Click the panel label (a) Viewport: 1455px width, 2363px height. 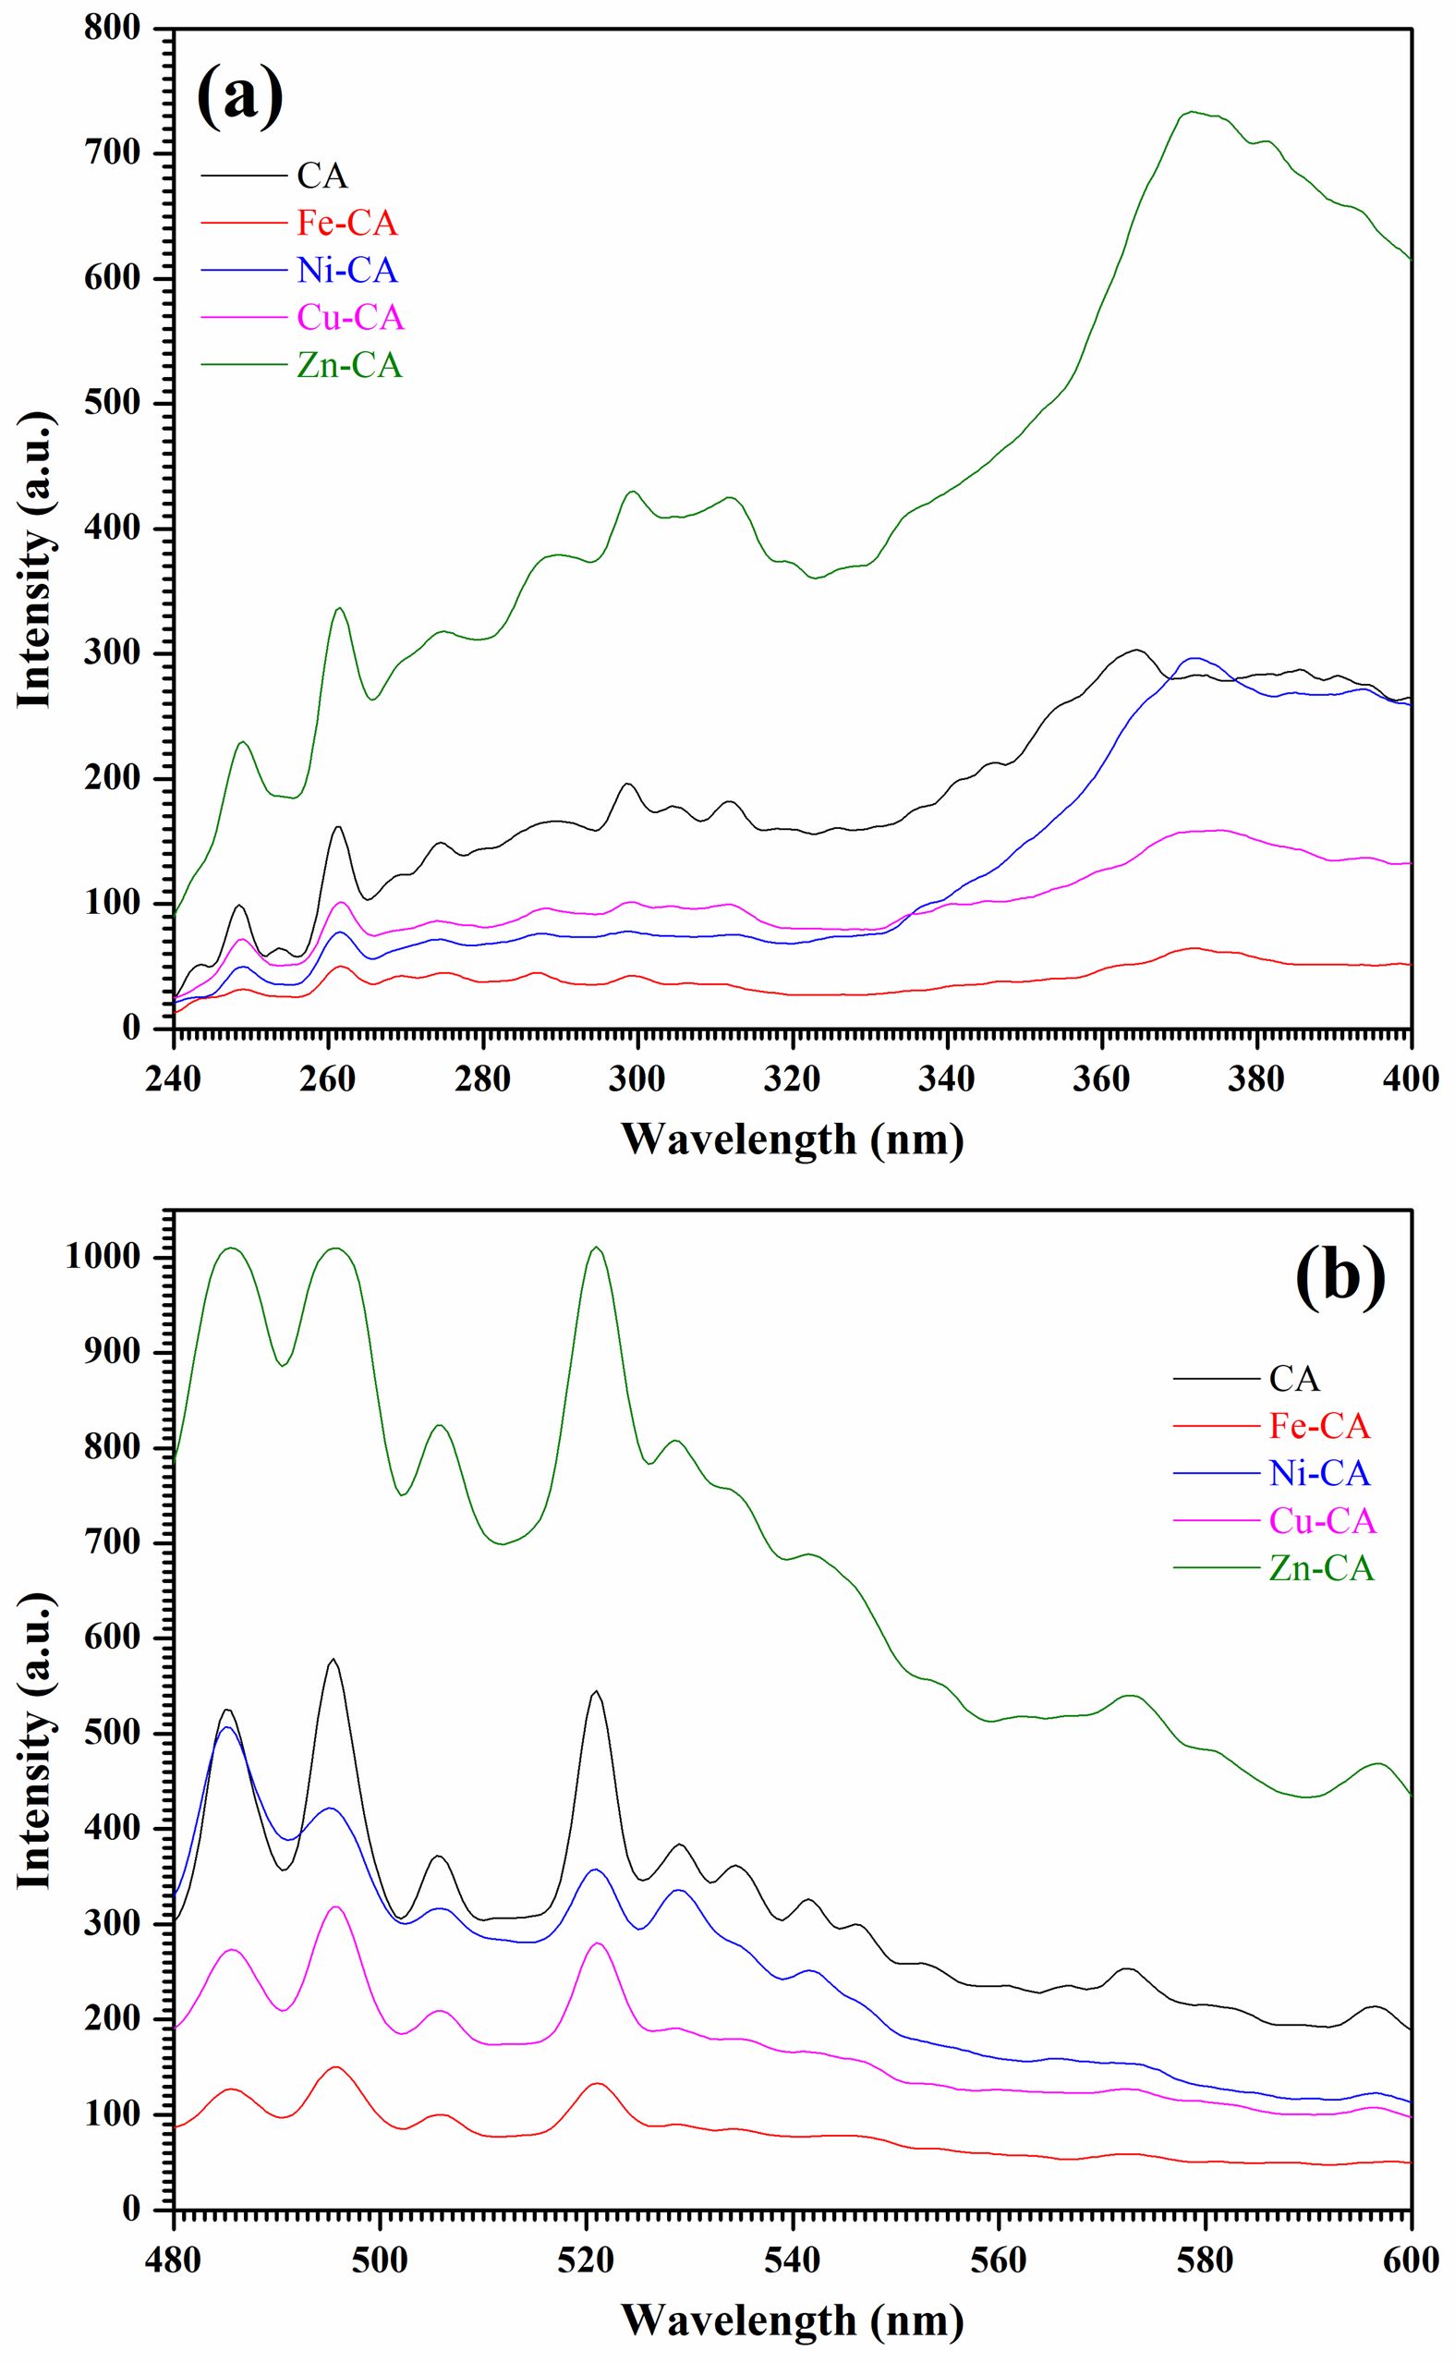pyautogui.click(x=239, y=97)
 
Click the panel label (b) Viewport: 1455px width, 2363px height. pyautogui.click(x=1340, y=1277)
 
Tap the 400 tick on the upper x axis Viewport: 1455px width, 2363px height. pyautogui.click(x=1410, y=1078)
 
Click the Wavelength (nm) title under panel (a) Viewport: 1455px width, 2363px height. pyautogui.click(x=791, y=1139)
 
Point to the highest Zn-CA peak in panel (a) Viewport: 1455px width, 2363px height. pyautogui.click(x=1191, y=112)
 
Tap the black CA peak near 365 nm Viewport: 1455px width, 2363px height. pyautogui.click(x=1136, y=650)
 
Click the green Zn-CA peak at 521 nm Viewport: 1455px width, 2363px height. pyautogui.click(x=597, y=1248)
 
